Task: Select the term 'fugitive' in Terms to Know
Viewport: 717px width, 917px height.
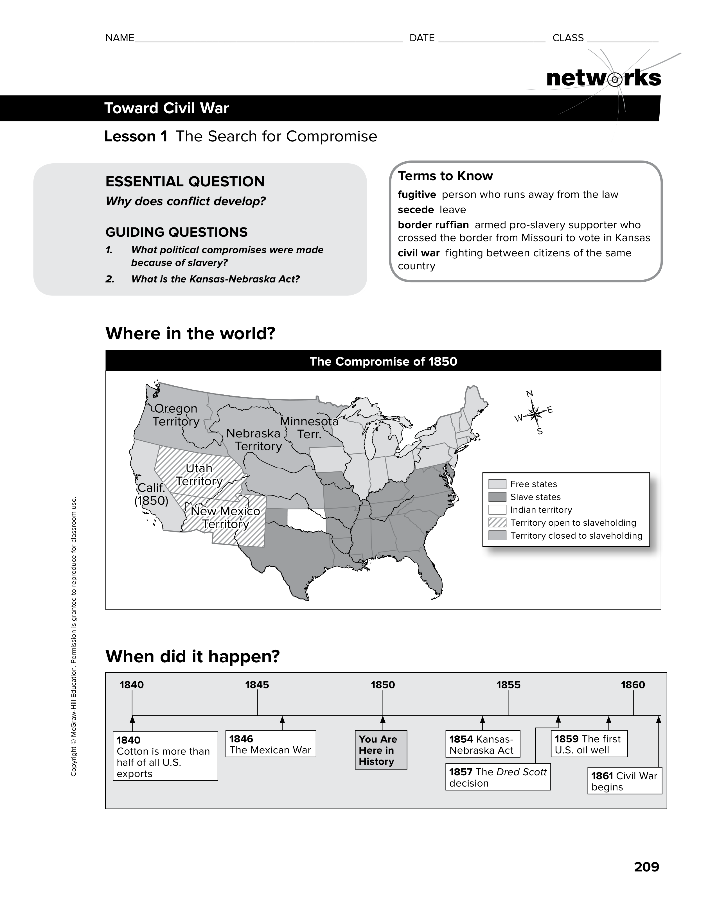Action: pyautogui.click(x=417, y=195)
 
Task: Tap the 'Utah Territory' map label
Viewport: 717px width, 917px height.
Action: pyautogui.click(x=199, y=475)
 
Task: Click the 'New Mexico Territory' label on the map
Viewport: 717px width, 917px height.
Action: pyautogui.click(x=226, y=517)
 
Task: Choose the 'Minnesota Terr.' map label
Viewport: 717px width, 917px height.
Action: pyautogui.click(x=309, y=427)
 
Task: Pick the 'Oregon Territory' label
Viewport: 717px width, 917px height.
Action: pyautogui.click(x=175, y=415)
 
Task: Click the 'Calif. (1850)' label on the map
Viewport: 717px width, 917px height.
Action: pyautogui.click(x=151, y=494)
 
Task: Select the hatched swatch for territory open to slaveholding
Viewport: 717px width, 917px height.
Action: pyautogui.click(x=497, y=523)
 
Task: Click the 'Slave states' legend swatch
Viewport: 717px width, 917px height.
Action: pyautogui.click(x=497, y=497)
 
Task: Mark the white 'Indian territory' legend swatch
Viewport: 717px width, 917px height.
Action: pyautogui.click(x=497, y=510)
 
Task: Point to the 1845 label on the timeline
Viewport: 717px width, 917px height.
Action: pyautogui.click(x=257, y=685)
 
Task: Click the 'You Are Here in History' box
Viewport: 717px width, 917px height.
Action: pyautogui.click(x=381, y=750)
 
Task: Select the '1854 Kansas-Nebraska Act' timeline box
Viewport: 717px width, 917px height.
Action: pyautogui.click(x=482, y=744)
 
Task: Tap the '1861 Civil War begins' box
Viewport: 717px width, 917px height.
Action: pyautogui.click(x=624, y=781)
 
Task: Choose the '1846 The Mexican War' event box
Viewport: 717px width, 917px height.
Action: pyautogui.click(x=270, y=744)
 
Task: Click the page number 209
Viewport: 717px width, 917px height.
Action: pyautogui.click(x=646, y=867)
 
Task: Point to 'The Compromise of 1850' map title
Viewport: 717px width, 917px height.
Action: pyautogui.click(x=383, y=362)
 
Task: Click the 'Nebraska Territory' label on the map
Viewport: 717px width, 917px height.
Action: pyautogui.click(x=254, y=440)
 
